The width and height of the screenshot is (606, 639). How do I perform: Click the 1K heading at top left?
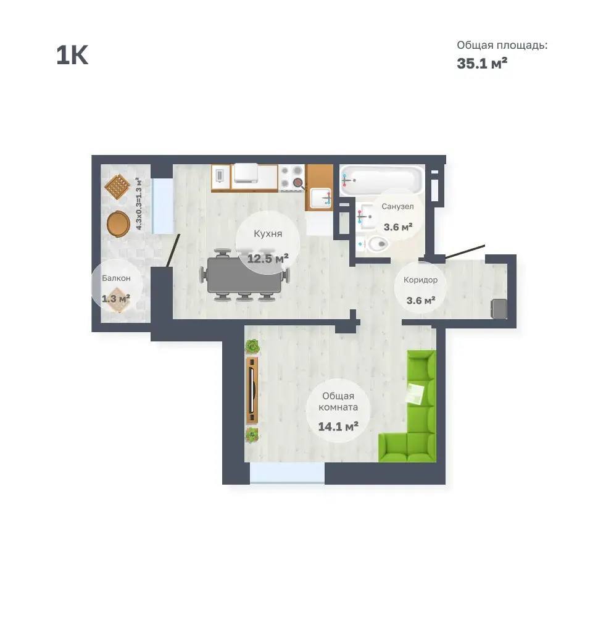(x=72, y=55)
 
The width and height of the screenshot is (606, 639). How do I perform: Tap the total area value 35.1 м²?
(x=482, y=63)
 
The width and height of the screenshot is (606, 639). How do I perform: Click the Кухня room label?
(x=268, y=233)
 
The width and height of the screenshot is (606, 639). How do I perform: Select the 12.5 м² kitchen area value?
(x=268, y=258)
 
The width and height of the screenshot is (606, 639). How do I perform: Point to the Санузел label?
(x=397, y=207)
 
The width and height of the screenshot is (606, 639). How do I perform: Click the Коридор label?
(x=421, y=280)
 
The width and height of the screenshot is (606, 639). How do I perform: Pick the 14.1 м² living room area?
(x=338, y=426)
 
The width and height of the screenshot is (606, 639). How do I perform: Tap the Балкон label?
(x=116, y=278)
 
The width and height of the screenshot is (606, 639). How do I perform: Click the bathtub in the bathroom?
(x=381, y=180)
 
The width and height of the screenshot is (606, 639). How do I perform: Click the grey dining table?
(x=244, y=275)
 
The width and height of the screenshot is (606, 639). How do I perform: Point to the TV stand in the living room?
(x=252, y=390)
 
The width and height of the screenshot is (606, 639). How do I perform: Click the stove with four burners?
(x=292, y=178)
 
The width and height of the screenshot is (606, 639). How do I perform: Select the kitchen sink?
(x=320, y=198)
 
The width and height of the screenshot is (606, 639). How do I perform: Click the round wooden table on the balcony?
(x=118, y=223)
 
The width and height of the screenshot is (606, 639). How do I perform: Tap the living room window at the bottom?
(x=287, y=473)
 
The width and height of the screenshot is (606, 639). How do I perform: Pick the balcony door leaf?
(x=173, y=251)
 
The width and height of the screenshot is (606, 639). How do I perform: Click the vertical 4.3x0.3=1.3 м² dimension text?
(x=139, y=204)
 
